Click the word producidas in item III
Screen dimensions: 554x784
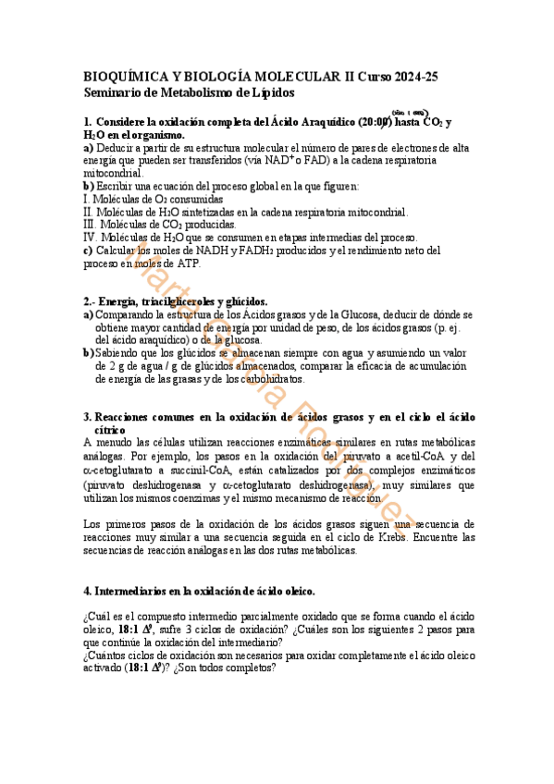pyautogui.click(x=208, y=224)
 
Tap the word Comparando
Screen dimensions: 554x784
pyautogui.click(x=124, y=314)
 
